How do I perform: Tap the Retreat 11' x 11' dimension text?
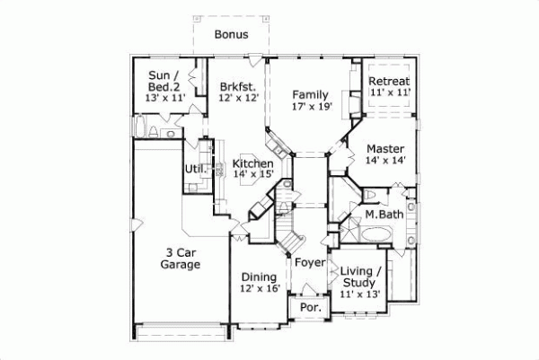click(390, 92)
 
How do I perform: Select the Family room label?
click(310, 94)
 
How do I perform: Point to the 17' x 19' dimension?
click(311, 107)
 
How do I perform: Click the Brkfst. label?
click(238, 87)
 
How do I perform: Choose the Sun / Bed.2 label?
click(165, 81)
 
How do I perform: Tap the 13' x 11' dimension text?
click(165, 98)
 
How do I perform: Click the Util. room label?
click(195, 169)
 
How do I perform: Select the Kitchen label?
click(252, 163)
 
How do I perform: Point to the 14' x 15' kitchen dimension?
click(252, 175)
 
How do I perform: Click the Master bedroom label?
click(384, 149)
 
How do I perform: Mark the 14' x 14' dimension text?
click(384, 162)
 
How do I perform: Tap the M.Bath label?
click(384, 215)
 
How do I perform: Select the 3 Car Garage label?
click(175, 258)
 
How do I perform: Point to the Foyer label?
click(309, 264)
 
